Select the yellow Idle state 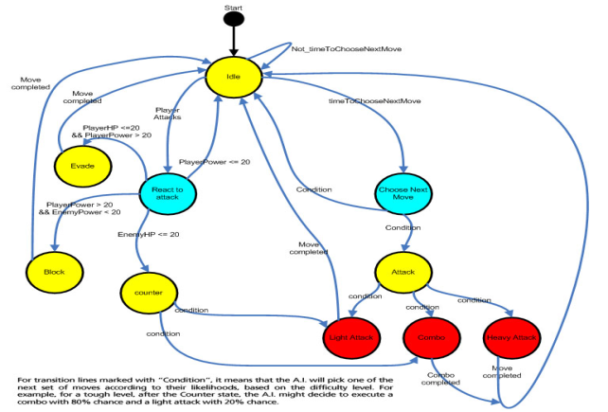coord(234,76)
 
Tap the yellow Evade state coord(84,167)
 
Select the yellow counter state coord(149,292)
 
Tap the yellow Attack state coord(403,271)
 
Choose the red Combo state coord(432,337)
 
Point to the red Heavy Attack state coord(512,337)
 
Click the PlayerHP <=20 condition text coord(107,127)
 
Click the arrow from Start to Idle coord(235,44)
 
